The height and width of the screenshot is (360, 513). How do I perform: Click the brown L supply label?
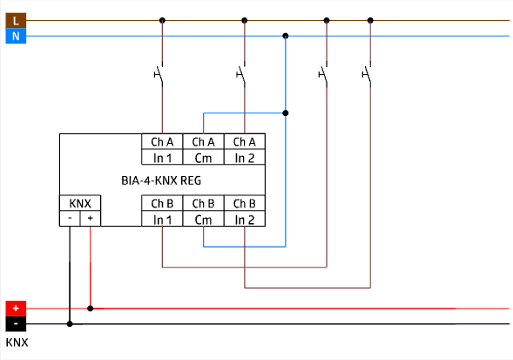click(16, 21)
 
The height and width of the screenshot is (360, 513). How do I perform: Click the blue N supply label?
click(16, 36)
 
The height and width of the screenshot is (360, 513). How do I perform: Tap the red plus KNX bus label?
click(16, 309)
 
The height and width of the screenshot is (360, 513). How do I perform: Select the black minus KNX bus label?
click(16, 324)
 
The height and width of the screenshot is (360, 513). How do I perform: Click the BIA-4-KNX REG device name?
click(161, 180)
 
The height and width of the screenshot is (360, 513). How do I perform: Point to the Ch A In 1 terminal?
click(162, 149)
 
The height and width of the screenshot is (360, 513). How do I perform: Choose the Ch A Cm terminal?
click(203, 149)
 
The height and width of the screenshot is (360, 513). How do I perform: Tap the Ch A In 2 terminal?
click(245, 149)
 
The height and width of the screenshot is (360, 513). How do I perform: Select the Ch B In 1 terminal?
click(162, 211)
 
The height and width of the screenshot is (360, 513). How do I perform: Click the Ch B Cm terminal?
click(203, 211)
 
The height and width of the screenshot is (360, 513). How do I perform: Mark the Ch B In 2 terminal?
click(245, 211)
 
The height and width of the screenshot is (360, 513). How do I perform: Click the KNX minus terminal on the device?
click(70, 218)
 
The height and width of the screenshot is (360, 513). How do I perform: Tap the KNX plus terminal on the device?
click(91, 218)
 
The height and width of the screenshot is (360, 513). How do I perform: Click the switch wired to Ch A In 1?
click(159, 74)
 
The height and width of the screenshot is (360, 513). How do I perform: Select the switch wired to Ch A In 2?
click(241, 74)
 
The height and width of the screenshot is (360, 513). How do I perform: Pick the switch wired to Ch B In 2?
click(368, 74)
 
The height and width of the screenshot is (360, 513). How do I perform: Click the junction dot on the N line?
click(286, 36)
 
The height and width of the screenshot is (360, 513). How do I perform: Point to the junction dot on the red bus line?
click(91, 309)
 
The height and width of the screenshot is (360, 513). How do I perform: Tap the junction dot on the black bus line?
click(70, 324)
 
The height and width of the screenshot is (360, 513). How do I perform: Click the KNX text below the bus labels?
click(17, 343)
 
